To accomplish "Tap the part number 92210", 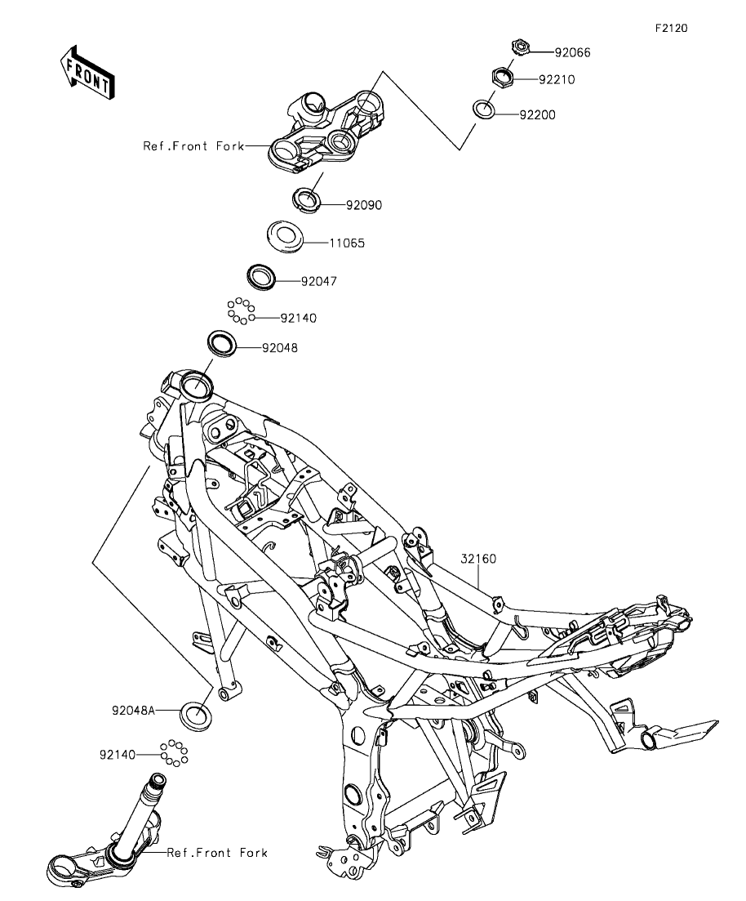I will pos(557,80).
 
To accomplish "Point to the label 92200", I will pos(537,115).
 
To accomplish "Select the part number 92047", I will pos(318,281).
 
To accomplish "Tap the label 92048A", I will pos(134,711).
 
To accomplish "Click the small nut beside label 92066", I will pos(519,48).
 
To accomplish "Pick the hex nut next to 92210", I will pos(501,78).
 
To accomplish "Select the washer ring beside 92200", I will pos(483,109).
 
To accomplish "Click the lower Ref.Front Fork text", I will pos(217,853).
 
